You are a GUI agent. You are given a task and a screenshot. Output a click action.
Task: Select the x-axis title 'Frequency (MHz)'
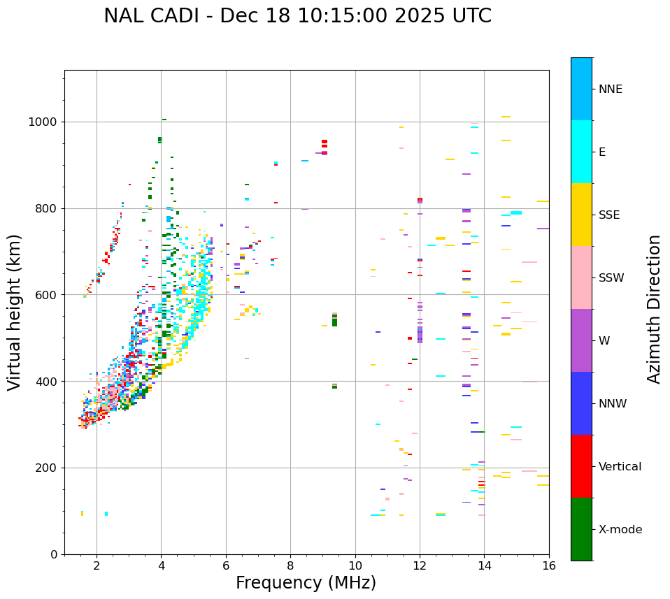click(306, 583)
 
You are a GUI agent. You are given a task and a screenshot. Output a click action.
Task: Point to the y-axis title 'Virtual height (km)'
click(15, 312)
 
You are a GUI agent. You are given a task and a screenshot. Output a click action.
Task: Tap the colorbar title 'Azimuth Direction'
click(654, 309)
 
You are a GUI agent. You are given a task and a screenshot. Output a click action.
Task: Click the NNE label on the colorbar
click(611, 89)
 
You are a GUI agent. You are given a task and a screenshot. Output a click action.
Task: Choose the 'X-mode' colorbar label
click(620, 530)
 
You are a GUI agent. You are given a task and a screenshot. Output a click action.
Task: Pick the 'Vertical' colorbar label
click(620, 467)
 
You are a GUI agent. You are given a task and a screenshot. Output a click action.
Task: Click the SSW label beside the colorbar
click(611, 278)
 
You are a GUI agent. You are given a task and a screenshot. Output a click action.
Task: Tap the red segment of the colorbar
click(581, 466)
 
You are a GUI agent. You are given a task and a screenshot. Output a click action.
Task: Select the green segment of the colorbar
click(581, 529)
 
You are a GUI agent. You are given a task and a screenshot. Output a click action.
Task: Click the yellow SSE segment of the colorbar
click(581, 215)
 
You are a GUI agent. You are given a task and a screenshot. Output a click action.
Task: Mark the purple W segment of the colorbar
click(581, 340)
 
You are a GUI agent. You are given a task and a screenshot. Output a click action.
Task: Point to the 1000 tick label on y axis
click(43, 122)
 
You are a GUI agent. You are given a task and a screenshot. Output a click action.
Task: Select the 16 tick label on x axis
click(549, 565)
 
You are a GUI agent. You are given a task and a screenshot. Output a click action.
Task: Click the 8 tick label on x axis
click(290, 565)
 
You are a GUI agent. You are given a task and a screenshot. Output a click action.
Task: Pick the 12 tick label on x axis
click(420, 565)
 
